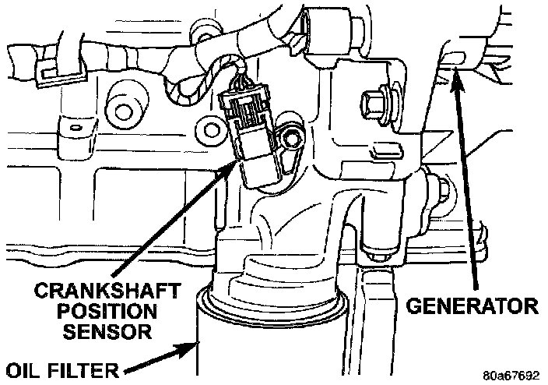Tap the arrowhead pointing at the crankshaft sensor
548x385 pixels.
click(x=235, y=163)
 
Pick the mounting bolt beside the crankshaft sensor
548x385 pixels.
click(x=291, y=140)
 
